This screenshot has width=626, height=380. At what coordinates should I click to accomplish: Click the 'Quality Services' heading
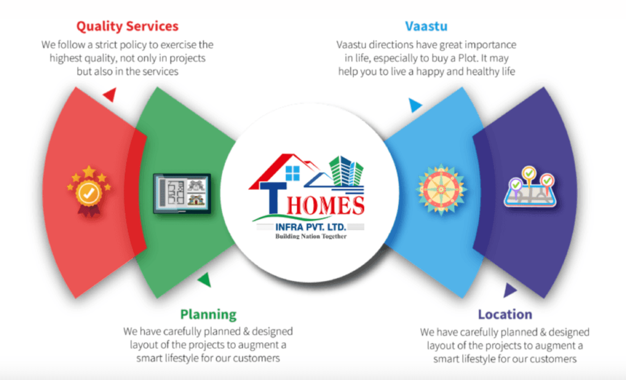tap(128, 27)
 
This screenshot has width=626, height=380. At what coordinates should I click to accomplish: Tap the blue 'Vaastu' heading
tap(426, 26)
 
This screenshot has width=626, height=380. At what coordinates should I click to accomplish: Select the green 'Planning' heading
tap(208, 315)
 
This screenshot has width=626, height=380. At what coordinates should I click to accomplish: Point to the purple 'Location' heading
tap(505, 315)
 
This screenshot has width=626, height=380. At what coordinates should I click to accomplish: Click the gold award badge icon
tap(89, 191)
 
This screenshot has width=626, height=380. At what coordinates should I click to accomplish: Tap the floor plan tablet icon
tap(182, 194)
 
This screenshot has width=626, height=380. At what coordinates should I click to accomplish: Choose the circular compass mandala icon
tap(441, 190)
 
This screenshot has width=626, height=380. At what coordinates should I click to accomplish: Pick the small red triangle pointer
tap(110, 94)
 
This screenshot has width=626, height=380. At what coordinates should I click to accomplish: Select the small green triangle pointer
tap(205, 280)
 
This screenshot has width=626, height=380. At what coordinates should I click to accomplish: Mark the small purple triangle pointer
tap(509, 290)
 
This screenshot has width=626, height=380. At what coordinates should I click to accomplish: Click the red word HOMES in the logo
tap(326, 206)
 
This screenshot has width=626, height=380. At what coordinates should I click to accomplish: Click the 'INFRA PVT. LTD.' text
tap(311, 227)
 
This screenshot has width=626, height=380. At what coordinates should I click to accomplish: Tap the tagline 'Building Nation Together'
tap(311, 237)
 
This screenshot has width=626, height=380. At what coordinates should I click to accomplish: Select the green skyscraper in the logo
tap(347, 171)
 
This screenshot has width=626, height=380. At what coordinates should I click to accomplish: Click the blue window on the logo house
tap(293, 173)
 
